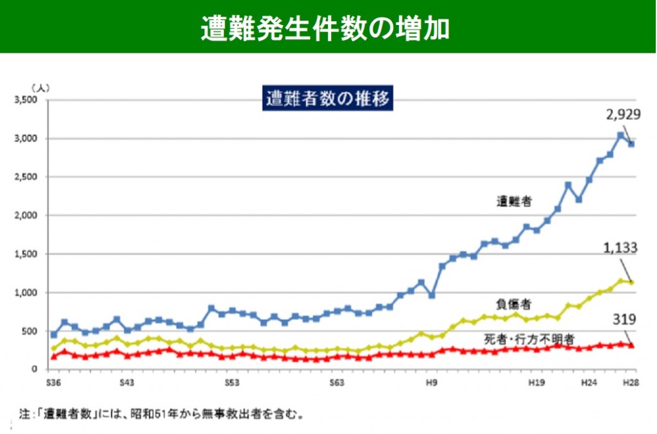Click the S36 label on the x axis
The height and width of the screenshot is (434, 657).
(x=54, y=383)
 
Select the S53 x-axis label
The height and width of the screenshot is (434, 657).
(x=232, y=383)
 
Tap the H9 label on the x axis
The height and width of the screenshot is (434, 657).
(x=431, y=383)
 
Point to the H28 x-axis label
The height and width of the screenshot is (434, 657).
(x=631, y=383)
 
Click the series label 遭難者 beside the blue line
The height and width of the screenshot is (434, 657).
(x=514, y=202)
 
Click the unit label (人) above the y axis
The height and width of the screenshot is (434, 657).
(x=40, y=86)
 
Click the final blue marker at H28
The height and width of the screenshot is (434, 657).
(x=631, y=144)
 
